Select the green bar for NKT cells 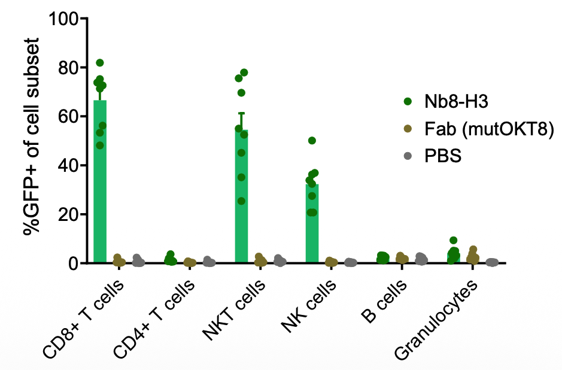(241, 198)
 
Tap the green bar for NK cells (312, 225)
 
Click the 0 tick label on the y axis (74, 263)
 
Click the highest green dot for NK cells (312, 141)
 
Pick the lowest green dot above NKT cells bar (241, 201)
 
